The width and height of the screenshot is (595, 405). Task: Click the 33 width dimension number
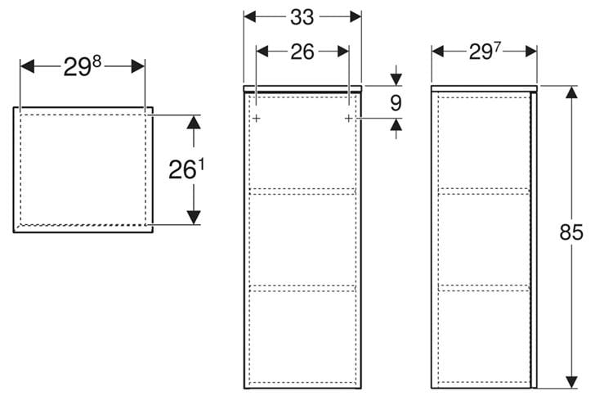(x=302, y=17)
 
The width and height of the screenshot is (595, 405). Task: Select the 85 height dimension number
(x=570, y=232)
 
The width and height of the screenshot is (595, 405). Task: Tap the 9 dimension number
(x=396, y=102)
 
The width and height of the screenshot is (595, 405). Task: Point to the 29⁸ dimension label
(x=82, y=66)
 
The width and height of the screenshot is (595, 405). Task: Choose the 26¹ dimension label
(x=186, y=169)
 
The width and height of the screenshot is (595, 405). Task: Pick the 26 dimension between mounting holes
(x=302, y=52)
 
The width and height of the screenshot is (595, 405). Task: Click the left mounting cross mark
(x=257, y=119)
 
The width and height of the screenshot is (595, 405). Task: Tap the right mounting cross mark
(x=349, y=119)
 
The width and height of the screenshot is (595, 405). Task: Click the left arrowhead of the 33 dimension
(x=250, y=16)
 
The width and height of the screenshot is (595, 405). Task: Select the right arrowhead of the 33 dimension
(x=356, y=16)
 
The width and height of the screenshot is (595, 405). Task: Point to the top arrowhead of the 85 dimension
(x=571, y=92)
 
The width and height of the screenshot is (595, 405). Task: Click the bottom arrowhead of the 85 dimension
(x=571, y=382)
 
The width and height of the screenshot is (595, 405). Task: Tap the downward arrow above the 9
(x=396, y=75)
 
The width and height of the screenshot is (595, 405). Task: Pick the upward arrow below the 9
(x=396, y=128)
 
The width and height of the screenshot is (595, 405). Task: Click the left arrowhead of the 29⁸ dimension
(x=27, y=66)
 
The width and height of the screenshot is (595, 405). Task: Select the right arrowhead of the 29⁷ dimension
(x=531, y=52)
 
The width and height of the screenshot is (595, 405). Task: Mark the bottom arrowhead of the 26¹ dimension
(x=194, y=218)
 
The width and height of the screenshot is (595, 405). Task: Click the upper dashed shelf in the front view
(x=302, y=191)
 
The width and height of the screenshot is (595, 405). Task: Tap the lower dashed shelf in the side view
(x=484, y=288)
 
